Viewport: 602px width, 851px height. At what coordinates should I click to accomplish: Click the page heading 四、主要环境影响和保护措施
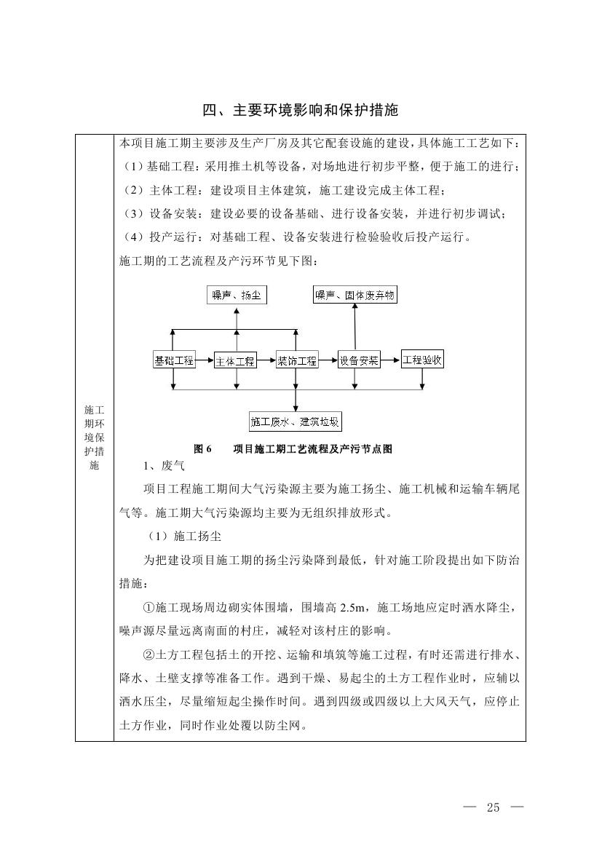301,111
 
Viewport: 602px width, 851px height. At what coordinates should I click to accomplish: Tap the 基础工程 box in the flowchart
174,360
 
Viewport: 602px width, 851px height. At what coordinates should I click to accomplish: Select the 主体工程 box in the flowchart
235,360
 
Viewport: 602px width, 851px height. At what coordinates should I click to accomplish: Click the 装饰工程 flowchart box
297,360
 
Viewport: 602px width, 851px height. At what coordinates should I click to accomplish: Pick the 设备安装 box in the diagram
359,360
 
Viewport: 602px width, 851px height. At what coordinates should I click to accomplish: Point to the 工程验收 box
423,360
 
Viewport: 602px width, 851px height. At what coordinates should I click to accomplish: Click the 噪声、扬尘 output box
236,295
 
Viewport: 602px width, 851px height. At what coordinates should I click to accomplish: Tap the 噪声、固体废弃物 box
355,295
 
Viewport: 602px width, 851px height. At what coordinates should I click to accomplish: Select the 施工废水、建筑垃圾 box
296,421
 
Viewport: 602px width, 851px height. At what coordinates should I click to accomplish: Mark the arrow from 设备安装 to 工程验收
391,360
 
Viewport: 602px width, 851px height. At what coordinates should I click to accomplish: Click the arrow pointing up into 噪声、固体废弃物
355,324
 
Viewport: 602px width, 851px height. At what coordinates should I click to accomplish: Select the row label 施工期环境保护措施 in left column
94,438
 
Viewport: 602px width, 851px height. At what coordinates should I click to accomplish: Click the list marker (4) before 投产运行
132,237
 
